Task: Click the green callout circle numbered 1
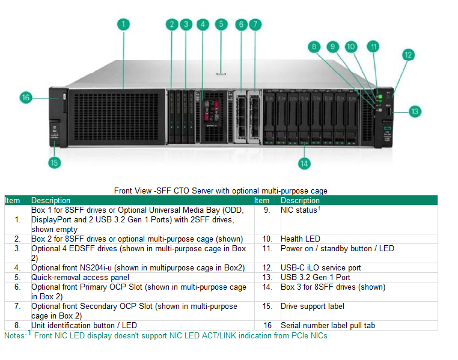coord(123,25)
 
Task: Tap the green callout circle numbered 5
coord(221,25)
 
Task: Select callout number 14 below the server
coord(305,163)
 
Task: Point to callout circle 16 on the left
coord(26,97)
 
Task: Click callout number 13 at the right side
coord(415,111)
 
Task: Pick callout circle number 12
coord(408,55)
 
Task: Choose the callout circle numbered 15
coord(55,163)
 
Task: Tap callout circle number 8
coord(314,46)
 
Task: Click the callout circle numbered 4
coord(203,25)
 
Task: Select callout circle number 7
coord(255,25)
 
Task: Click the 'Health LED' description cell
coord(301,239)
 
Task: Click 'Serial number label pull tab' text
coord(328,325)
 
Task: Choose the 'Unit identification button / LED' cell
coord(84,325)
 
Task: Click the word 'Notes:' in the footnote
coord(15,335)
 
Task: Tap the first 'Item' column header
coord(13,200)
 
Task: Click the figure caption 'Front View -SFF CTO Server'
coord(221,191)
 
